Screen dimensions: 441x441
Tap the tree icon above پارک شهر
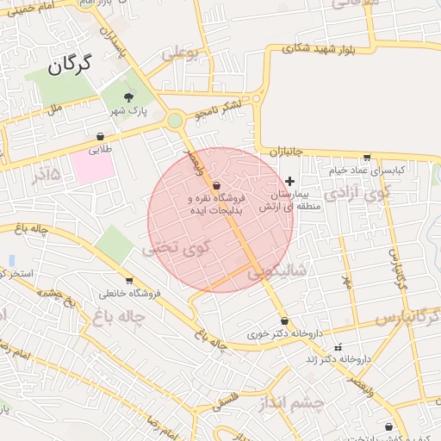click(129, 97)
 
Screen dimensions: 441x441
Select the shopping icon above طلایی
click(101, 135)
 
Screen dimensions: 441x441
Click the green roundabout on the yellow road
click(176, 121)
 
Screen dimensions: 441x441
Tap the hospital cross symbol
click(289, 181)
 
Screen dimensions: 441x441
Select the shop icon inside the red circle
click(215, 186)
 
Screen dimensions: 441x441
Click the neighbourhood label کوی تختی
click(177, 247)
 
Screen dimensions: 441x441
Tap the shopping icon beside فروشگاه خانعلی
click(129, 281)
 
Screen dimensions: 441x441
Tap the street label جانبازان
click(287, 152)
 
